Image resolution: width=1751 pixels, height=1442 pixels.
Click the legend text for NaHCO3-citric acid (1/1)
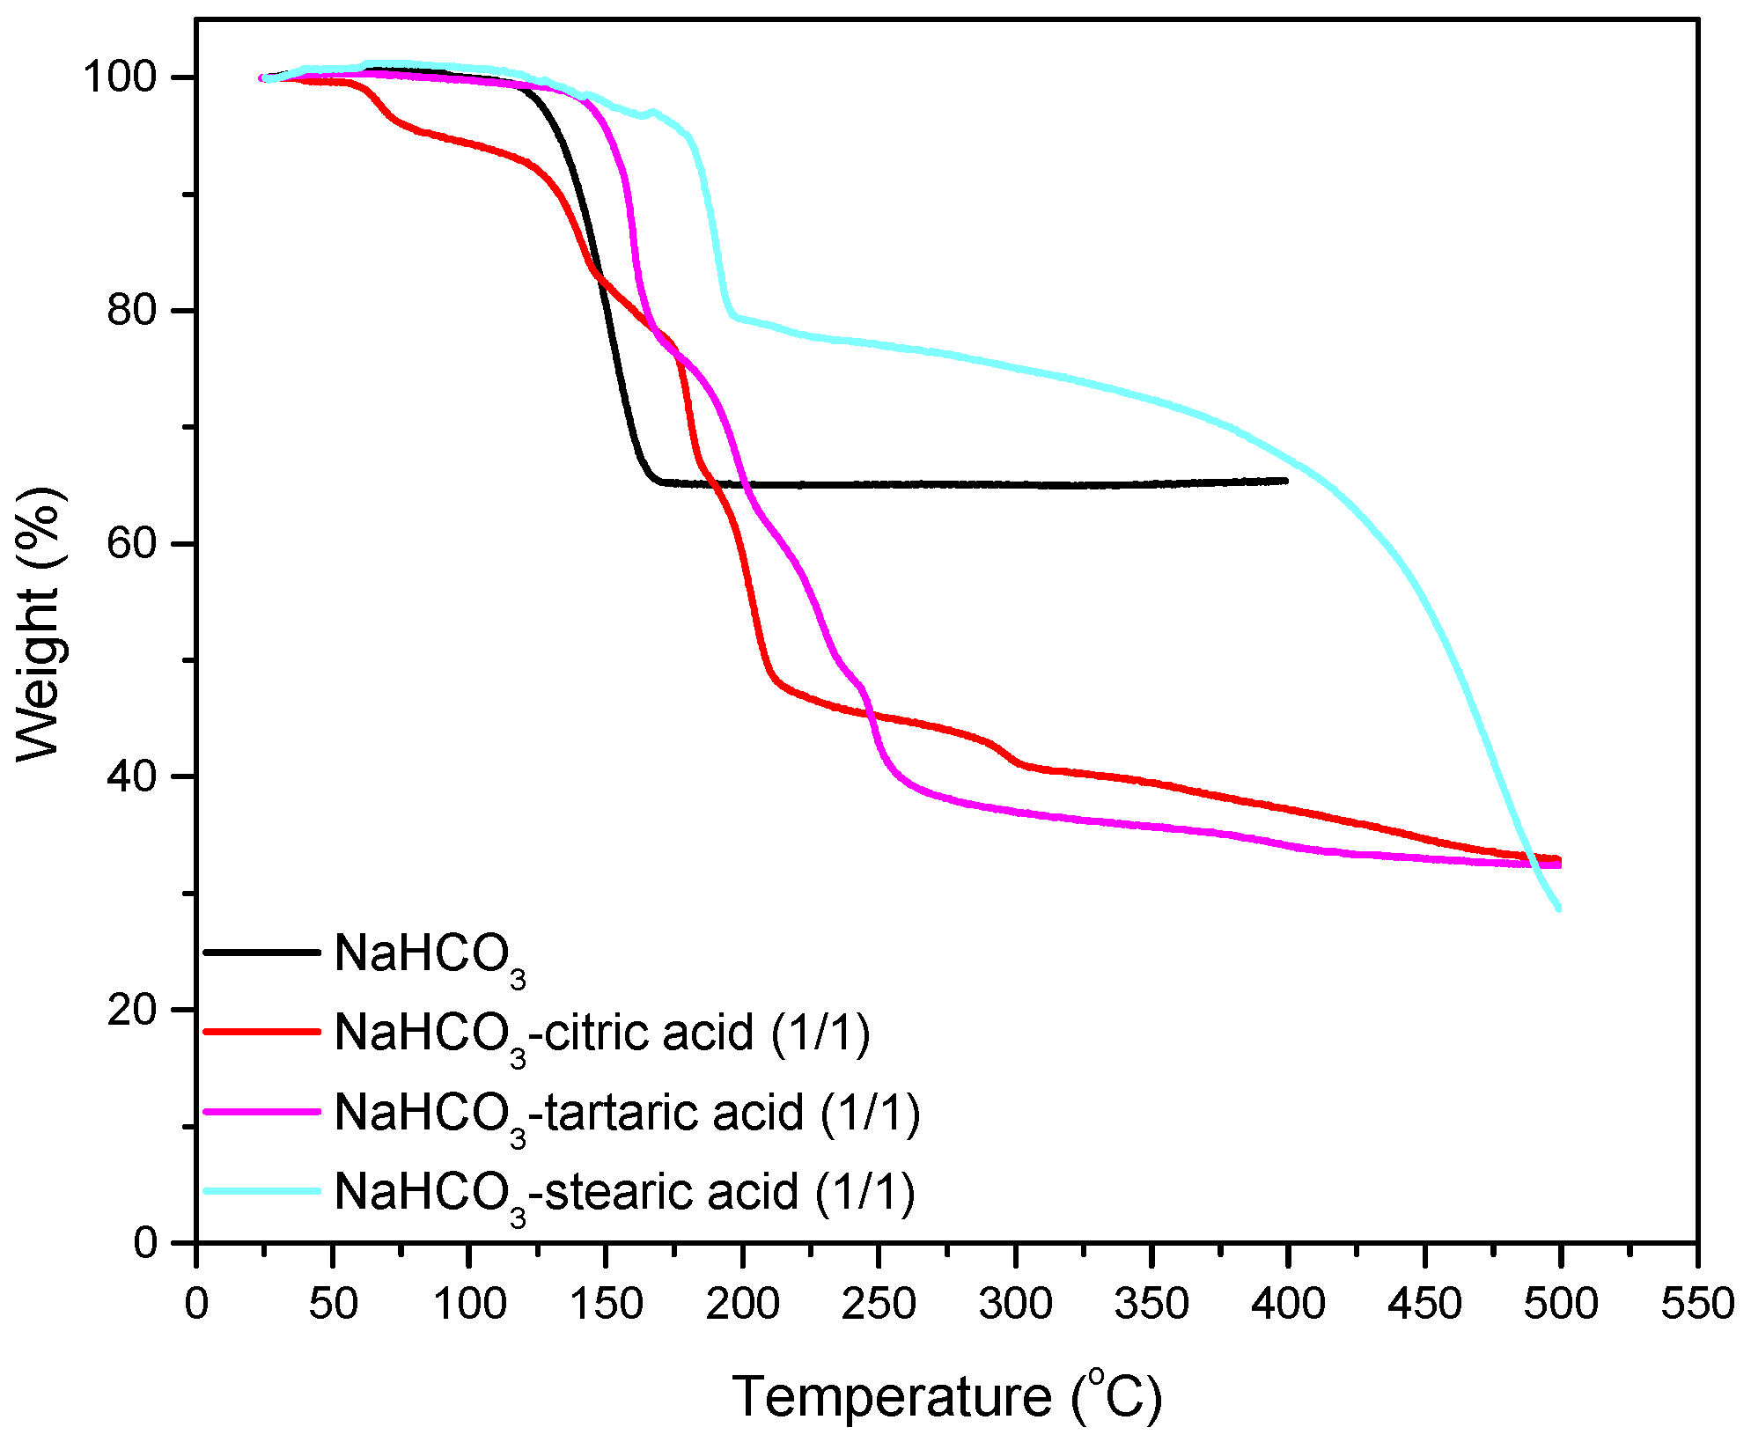[x=602, y=1034]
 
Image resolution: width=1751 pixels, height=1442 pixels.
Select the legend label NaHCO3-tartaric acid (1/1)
[x=627, y=1114]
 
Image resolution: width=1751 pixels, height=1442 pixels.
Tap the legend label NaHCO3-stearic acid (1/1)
[x=624, y=1194]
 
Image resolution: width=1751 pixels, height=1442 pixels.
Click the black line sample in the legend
[x=261, y=952]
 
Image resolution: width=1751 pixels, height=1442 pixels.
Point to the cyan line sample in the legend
[x=261, y=1191]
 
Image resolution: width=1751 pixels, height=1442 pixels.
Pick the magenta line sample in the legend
[x=261, y=1111]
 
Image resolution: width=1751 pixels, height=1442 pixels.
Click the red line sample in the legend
[x=261, y=1031]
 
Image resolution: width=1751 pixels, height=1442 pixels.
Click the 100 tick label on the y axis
[x=120, y=77]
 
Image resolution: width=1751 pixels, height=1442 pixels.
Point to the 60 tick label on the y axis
[x=132, y=543]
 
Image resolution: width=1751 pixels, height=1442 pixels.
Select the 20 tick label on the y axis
[x=132, y=1009]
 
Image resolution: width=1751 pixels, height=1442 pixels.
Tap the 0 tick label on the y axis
[x=146, y=1242]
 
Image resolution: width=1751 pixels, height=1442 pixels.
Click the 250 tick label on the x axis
[x=879, y=1303]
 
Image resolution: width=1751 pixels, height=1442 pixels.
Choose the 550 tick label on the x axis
[x=1696, y=1303]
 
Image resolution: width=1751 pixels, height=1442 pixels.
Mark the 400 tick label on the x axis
[x=1288, y=1303]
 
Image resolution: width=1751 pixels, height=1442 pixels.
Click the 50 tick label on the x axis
[x=333, y=1303]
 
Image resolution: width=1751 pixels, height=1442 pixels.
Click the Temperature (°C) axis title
[x=946, y=1396]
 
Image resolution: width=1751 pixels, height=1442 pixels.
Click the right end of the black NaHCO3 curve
[x=1286, y=481]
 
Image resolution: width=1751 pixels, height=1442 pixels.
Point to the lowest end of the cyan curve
[x=1559, y=909]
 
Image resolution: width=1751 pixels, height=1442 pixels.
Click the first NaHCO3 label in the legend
[x=430, y=956]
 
